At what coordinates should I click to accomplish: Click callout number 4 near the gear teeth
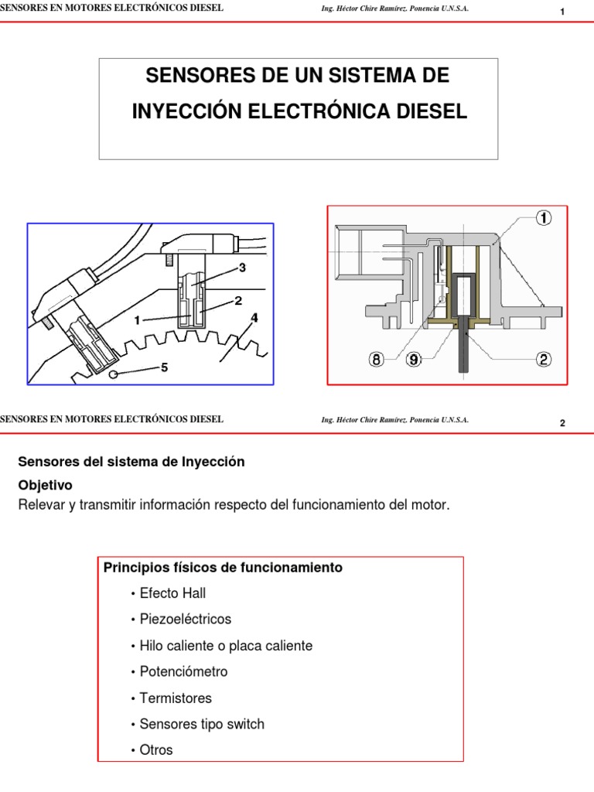tap(254, 318)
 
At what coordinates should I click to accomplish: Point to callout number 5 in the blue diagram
tap(163, 368)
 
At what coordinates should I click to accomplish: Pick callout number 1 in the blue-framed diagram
tap(137, 319)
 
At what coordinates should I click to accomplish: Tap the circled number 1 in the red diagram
tap(545, 218)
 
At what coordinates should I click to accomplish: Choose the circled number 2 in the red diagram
tap(545, 360)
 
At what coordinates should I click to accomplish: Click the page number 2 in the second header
tap(562, 423)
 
